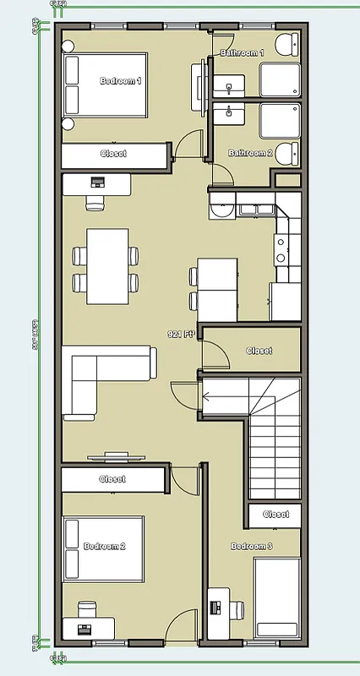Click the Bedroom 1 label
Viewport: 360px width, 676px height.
pos(120,81)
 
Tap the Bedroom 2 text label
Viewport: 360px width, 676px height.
pos(105,547)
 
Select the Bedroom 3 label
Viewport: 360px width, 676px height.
pos(252,547)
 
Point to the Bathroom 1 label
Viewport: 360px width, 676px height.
pos(242,53)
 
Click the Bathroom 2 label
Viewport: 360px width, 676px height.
pos(250,153)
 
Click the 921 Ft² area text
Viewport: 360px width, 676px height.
pos(182,335)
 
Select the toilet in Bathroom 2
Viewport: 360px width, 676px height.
pos(287,153)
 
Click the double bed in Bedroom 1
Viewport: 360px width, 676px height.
pos(106,84)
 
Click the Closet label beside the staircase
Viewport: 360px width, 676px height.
pos(259,351)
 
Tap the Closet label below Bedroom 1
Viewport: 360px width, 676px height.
pos(112,154)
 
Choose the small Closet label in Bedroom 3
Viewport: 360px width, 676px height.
pos(275,514)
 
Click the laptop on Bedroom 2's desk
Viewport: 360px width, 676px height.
pos(85,628)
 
